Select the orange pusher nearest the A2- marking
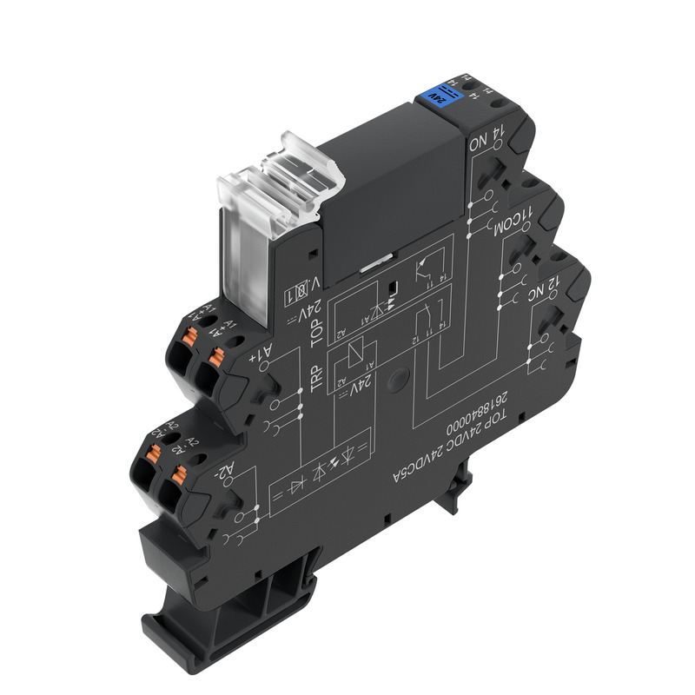(x=181, y=474)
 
